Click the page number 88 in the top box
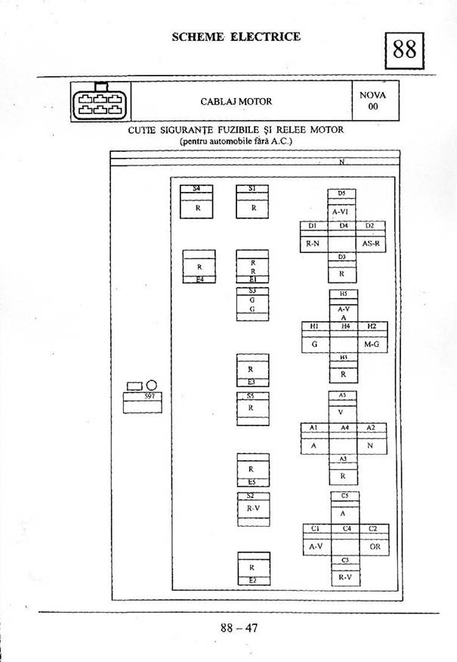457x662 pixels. tap(405, 50)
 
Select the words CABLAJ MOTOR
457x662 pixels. tap(236, 101)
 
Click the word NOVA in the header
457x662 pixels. tap(372, 95)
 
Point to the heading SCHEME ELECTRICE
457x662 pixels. tap(236, 36)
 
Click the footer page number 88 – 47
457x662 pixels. tap(239, 626)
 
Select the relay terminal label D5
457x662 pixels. tap(341, 193)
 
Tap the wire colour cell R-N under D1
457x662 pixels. tap(313, 243)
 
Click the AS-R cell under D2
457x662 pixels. tap(370, 243)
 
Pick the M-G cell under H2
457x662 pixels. tap(371, 345)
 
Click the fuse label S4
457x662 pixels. tap(196, 188)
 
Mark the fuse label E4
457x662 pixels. tap(199, 279)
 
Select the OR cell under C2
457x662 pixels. tap(375, 546)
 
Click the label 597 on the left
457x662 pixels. tap(148, 396)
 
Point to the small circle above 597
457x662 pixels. tap(151, 385)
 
